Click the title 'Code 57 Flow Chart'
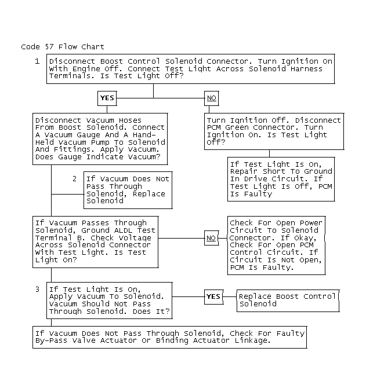pos(62,46)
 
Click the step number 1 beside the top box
pos(37,61)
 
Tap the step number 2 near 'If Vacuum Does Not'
pos(74,179)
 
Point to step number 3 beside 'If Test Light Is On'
pos(37,289)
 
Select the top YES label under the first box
pos(107,98)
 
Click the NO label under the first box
pos(212,98)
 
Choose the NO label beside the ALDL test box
pos(212,237)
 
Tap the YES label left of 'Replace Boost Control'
pos(213,296)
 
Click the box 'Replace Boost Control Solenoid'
pos(287,300)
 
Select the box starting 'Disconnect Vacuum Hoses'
pos(100,138)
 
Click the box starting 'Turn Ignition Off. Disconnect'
pos(266,131)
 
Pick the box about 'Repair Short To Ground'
pos(281,179)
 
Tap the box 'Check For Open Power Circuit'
pos(276,245)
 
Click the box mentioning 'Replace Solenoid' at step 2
pos(128,190)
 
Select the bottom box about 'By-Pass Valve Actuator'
pos(169,337)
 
